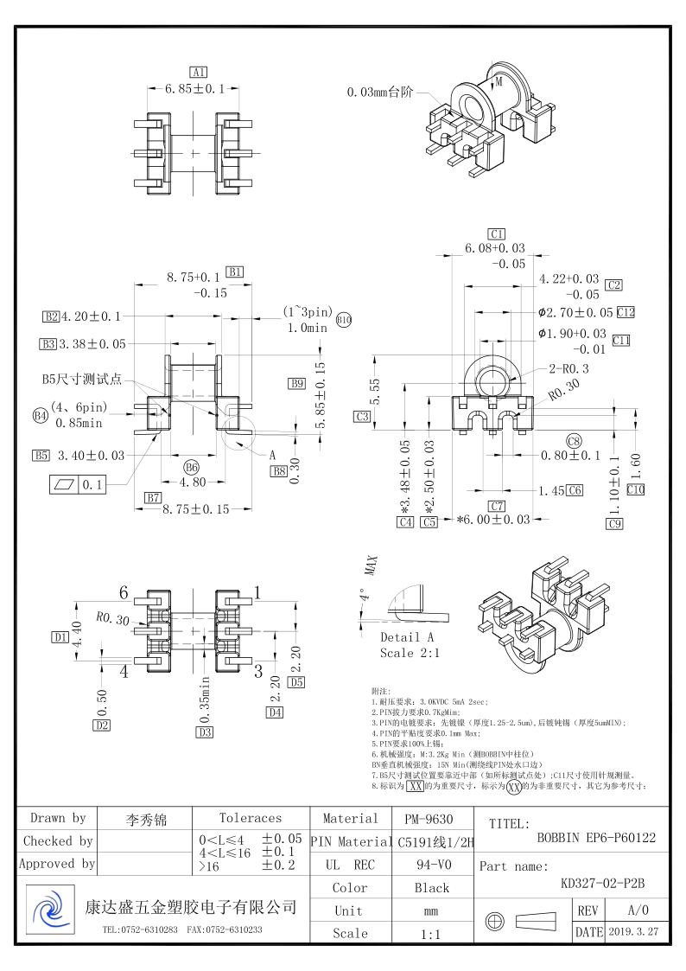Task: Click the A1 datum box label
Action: coord(199,72)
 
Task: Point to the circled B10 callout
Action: coord(344,320)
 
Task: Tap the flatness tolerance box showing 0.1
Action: coord(78,485)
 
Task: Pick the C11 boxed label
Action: coord(621,341)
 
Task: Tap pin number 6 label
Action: coord(124,592)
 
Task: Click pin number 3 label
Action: coord(257,670)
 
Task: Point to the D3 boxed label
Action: coord(205,732)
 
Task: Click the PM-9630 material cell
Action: coord(429,819)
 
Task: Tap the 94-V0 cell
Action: coord(431,865)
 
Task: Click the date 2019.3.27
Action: coord(633,933)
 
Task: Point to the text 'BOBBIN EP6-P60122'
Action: coord(596,837)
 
